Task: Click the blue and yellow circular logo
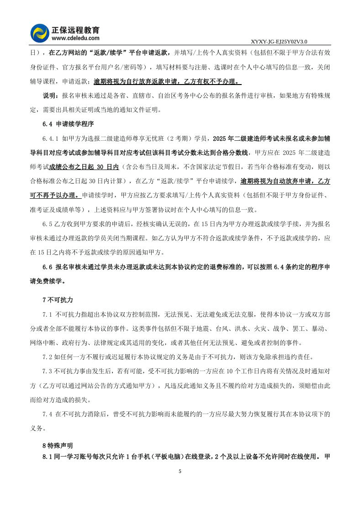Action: [x=40, y=33]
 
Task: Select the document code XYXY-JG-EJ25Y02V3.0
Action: [x=279, y=41]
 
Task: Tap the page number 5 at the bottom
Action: [x=180, y=471]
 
